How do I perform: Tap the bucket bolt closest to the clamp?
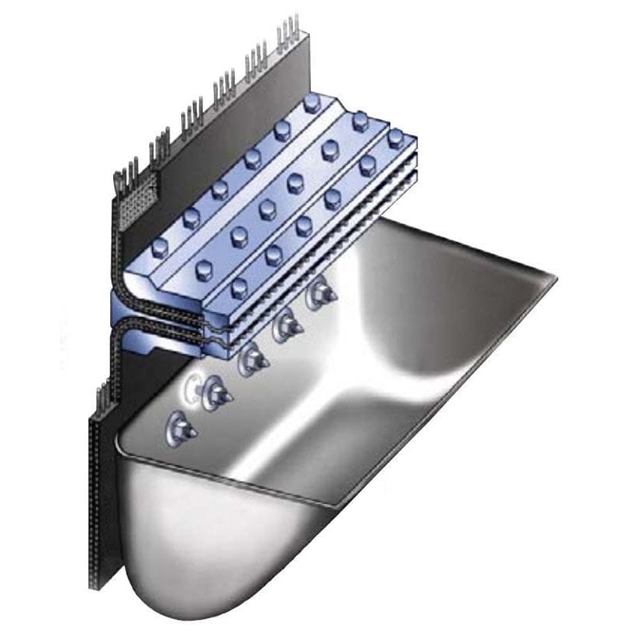coord(321,294)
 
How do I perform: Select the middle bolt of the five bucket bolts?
coord(252,358)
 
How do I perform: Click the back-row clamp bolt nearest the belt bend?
coord(159,248)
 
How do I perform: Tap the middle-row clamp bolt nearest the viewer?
coord(204,270)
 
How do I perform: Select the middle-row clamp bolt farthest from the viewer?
coord(360,121)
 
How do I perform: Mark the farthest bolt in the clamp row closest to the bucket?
coord(397,139)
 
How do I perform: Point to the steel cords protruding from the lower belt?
coord(100,398)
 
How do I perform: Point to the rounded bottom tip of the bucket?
coord(168,601)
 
